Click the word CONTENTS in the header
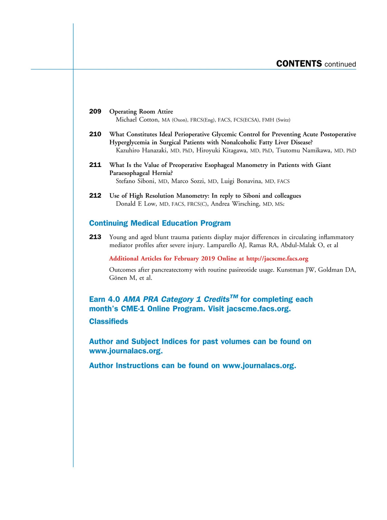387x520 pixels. tap(299, 64)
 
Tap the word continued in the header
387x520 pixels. tap(340, 64)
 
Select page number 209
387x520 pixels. tap(95, 111)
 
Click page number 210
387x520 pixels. tap(95, 134)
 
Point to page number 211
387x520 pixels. tap(95, 165)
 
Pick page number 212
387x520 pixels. tap(95, 195)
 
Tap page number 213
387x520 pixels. tap(95, 237)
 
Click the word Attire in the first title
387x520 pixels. tap(165, 112)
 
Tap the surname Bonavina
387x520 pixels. tap(249, 181)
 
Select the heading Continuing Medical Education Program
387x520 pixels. tap(160, 223)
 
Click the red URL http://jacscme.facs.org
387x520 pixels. tap(277, 259)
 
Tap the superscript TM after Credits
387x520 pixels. tap(234, 297)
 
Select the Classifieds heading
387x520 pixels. tap(108, 321)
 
